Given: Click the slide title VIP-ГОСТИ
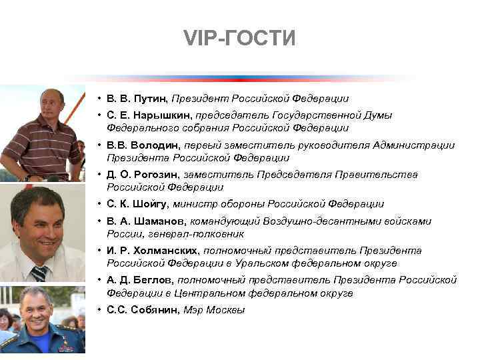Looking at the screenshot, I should pyautogui.click(x=239, y=39).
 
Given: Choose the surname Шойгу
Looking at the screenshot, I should pyautogui.click(x=155, y=204).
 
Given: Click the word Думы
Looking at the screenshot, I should pyautogui.click(x=379, y=115).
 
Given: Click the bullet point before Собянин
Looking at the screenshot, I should pyautogui.click(x=98, y=310).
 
